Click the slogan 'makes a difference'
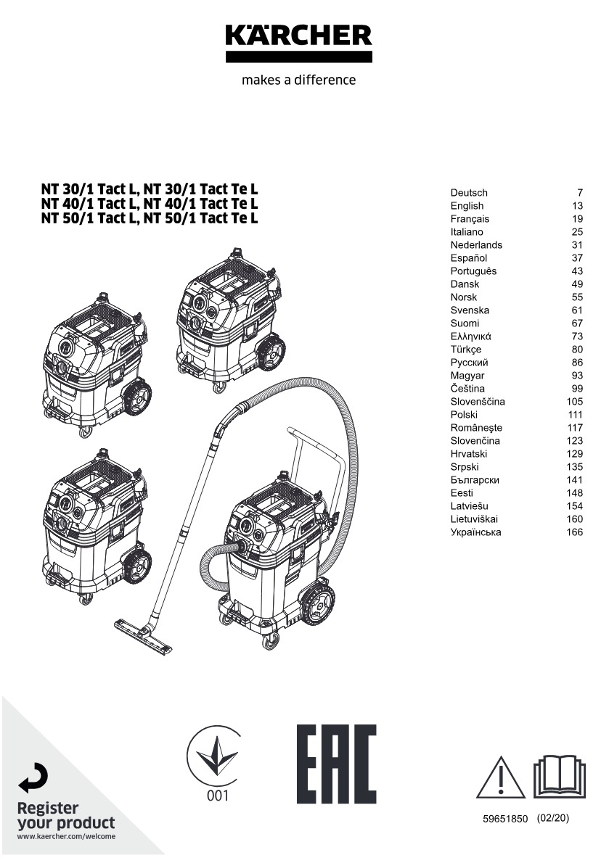[298, 80]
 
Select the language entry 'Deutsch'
[469, 193]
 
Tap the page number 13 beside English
[577, 206]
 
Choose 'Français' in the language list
[470, 219]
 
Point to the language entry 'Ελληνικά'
[471, 336]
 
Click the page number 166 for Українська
[574, 532]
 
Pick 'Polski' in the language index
[464, 415]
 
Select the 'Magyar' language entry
[467, 376]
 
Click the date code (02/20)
[554, 818]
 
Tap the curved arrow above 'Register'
[33, 780]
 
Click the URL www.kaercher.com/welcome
[66, 837]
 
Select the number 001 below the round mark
[217, 796]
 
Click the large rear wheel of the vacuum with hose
[318, 601]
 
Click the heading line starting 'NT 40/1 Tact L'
[150, 205]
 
